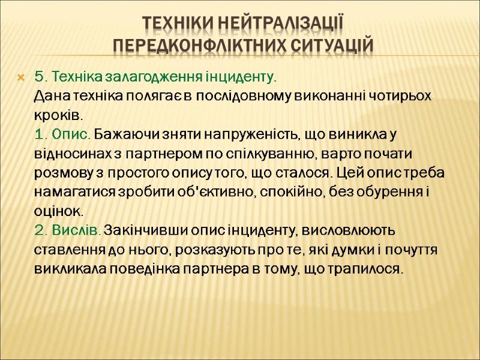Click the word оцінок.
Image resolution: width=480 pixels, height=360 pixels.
pyautogui.click(x=59, y=211)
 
